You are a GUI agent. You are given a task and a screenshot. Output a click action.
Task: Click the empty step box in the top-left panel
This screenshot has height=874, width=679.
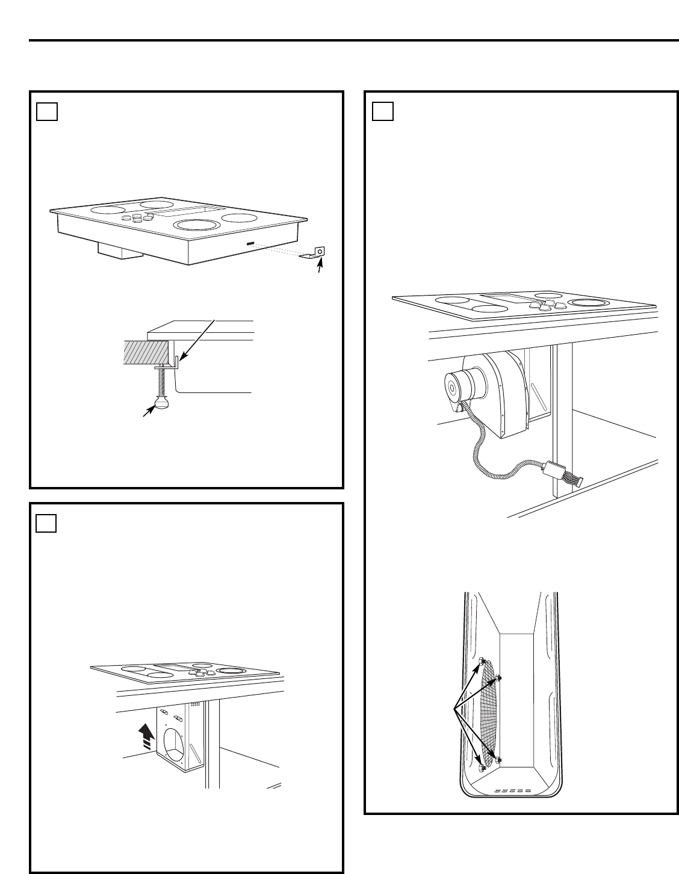(46, 112)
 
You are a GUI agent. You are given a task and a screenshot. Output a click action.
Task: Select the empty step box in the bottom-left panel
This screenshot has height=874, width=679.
(46, 523)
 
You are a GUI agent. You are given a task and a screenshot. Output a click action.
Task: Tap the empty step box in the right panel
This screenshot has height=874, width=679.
(382, 111)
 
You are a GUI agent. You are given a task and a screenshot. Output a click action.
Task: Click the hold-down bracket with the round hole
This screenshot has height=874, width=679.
(314, 252)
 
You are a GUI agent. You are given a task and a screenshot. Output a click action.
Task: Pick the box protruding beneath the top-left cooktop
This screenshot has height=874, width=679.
(120, 251)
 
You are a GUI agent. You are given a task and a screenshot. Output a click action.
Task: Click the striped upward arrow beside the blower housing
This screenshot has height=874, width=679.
(145, 736)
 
